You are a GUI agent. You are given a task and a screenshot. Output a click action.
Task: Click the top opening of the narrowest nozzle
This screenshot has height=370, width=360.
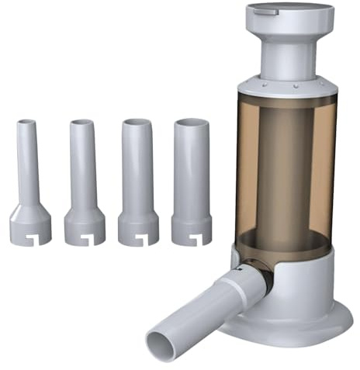[x=26, y=123]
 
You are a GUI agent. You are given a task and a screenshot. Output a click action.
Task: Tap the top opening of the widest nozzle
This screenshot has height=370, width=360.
[x=192, y=123]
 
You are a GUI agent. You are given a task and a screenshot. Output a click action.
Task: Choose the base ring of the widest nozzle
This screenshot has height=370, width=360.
[x=192, y=229]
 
